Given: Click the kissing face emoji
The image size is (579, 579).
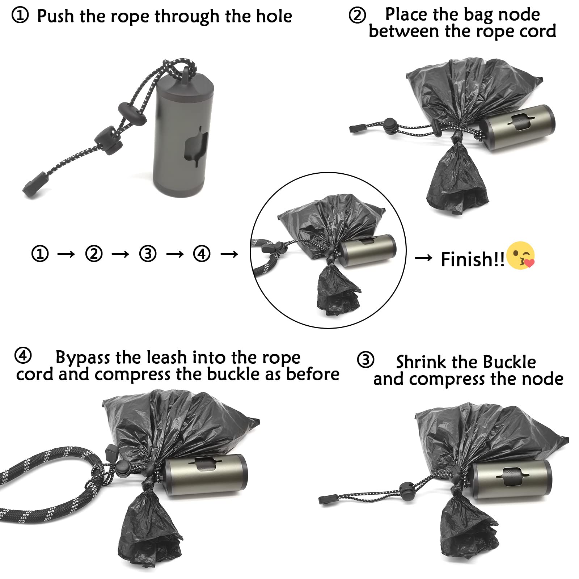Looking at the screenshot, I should point(521,255).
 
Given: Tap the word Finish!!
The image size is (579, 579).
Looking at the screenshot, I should point(472,259).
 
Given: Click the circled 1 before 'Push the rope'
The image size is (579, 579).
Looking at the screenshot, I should point(20,16).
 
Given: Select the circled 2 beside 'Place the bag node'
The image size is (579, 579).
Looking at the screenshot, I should point(357,16).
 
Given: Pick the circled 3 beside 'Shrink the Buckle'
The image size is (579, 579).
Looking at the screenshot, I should point(365,360).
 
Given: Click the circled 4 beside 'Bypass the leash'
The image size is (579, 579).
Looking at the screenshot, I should point(23,356).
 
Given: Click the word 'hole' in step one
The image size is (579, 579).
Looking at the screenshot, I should point(274,16).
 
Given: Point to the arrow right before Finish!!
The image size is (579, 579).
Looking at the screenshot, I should point(423,258).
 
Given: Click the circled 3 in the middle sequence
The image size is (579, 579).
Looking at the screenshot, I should point(148,254).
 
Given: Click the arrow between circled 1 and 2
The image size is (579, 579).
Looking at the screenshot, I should point(66,254).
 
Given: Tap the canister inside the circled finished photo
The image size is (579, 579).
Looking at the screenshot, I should point(367,250).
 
